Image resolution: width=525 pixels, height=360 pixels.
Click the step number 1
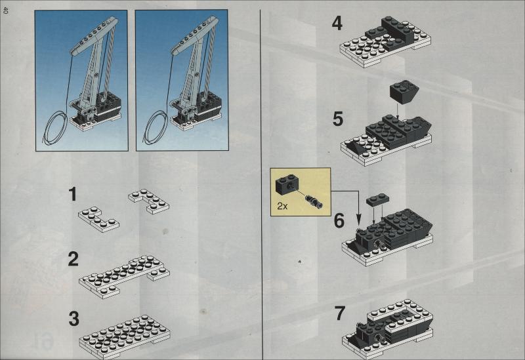point(72,194)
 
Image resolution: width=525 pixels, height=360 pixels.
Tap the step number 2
point(73,259)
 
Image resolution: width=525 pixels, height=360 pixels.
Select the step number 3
point(73,319)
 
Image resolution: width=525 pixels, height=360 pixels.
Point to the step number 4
point(337,24)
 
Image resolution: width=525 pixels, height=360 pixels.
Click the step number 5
point(338,119)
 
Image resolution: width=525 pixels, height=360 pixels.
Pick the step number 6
point(339,221)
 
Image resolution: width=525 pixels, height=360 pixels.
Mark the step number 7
point(339,313)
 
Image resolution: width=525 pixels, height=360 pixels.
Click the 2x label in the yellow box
point(282,206)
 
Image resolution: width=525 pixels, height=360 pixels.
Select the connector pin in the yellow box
point(314,201)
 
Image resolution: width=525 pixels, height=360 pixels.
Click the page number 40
point(5,10)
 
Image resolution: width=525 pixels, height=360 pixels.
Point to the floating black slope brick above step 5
point(404,92)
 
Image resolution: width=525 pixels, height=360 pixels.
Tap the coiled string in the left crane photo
point(56,128)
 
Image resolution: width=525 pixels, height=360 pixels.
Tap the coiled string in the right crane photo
point(156,128)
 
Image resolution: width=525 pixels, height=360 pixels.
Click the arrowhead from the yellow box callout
point(358,221)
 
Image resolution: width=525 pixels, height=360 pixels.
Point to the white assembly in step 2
point(125,276)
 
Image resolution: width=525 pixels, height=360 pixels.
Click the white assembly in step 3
point(125,336)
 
